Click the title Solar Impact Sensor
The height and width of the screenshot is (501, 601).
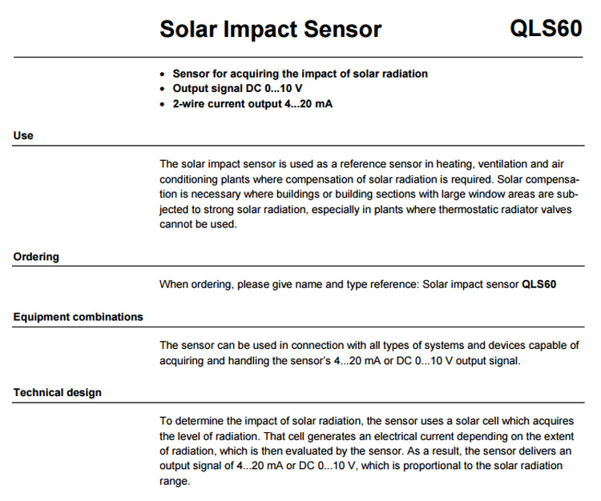(x=270, y=30)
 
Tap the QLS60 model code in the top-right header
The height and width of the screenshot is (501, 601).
(x=546, y=29)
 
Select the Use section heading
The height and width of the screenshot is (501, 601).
(x=23, y=135)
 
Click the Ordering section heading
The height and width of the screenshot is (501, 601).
(x=36, y=257)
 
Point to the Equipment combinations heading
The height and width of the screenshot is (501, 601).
(x=78, y=316)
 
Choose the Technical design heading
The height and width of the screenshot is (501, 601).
(x=57, y=392)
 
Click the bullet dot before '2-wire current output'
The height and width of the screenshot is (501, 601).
(x=164, y=104)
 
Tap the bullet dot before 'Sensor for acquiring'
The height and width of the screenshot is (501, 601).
(x=164, y=74)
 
